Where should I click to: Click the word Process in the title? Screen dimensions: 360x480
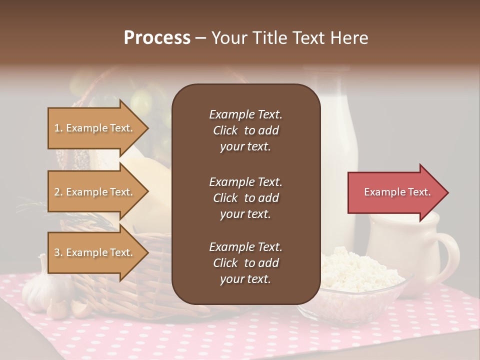(x=157, y=38)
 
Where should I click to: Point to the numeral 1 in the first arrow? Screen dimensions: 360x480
(x=57, y=128)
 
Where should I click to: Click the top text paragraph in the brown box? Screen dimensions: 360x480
(x=245, y=130)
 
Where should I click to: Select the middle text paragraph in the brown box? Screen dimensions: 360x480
(x=245, y=198)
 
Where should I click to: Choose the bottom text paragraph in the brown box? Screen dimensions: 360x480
(x=245, y=263)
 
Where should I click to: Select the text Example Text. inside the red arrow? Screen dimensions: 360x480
(x=397, y=192)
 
